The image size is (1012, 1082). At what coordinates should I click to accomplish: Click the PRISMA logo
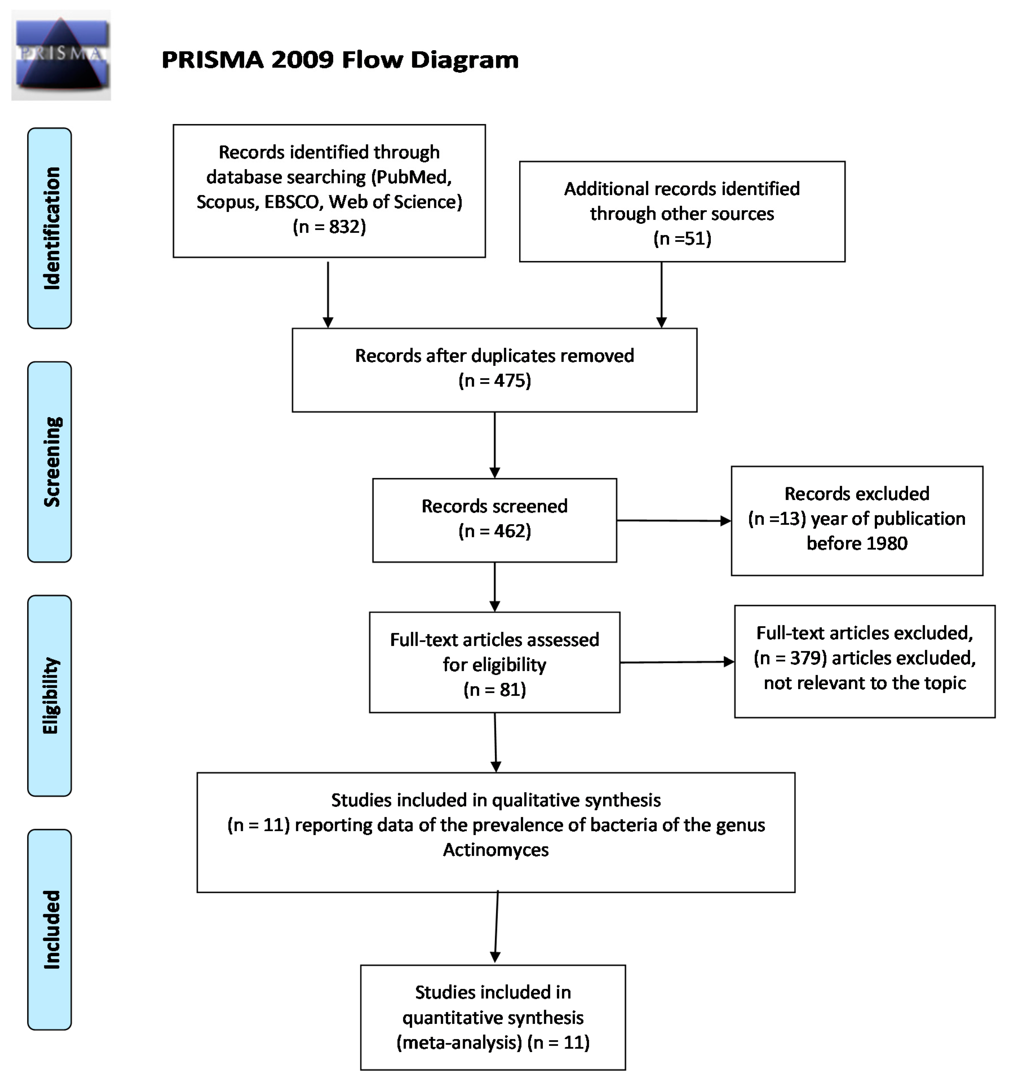(x=61, y=55)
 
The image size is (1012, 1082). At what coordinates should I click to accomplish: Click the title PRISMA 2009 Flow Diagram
(x=340, y=60)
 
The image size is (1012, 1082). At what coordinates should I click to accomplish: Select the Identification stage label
(x=50, y=228)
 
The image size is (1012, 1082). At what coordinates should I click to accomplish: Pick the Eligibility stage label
(x=50, y=696)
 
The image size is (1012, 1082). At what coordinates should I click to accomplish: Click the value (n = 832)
(x=329, y=227)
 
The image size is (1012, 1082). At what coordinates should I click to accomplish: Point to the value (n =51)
(x=682, y=238)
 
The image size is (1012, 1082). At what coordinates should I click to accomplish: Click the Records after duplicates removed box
(x=494, y=370)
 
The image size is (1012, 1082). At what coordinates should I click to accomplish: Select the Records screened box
(x=494, y=520)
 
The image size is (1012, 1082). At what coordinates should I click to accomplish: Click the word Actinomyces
(x=496, y=850)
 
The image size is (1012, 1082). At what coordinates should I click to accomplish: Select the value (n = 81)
(x=494, y=689)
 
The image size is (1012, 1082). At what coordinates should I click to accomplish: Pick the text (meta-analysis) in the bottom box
(x=459, y=1042)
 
